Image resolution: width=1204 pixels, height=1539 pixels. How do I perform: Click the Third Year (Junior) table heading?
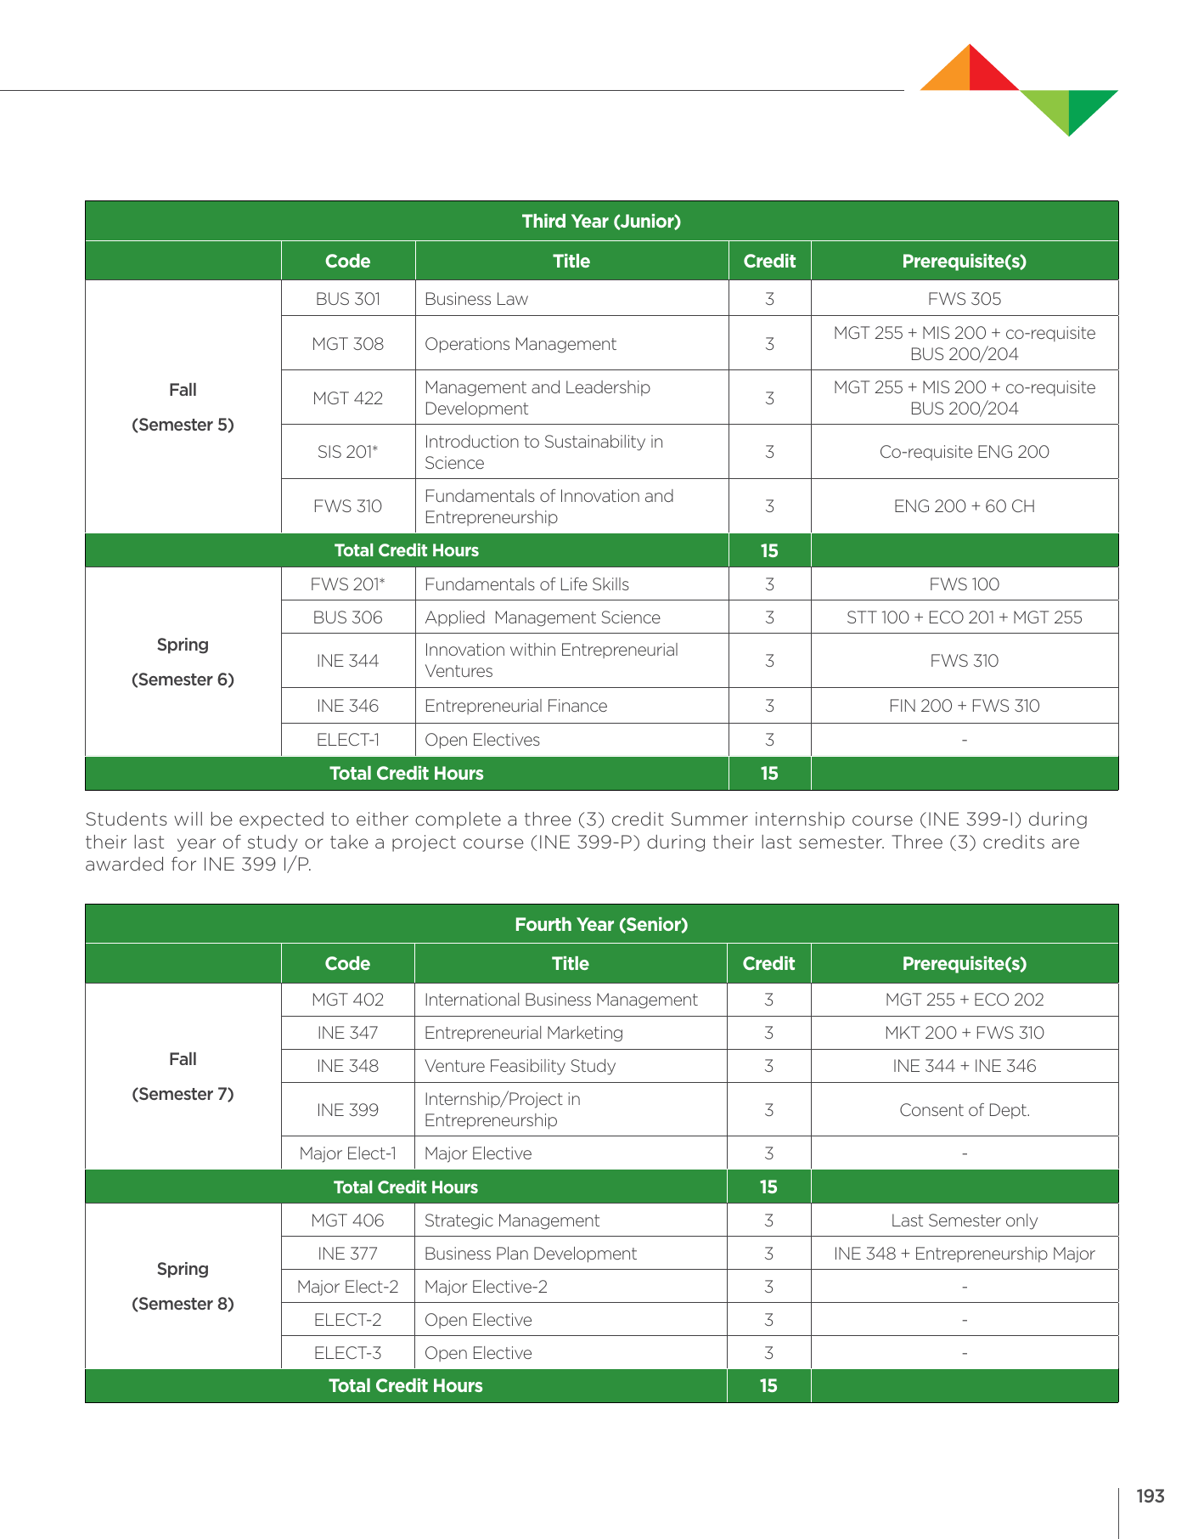[x=601, y=222]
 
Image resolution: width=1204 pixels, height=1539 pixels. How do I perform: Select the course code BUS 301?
[x=347, y=299]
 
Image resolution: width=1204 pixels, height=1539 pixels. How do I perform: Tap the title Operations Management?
[x=520, y=344]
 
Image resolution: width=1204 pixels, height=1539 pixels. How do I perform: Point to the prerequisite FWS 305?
[x=964, y=299]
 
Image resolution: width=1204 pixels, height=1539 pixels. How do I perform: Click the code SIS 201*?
[x=347, y=452]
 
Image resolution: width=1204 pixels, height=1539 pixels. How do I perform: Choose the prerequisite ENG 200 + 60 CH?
[x=964, y=506]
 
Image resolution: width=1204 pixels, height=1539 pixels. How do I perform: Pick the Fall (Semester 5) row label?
[x=183, y=408]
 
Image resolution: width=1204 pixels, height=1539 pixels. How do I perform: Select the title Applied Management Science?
[x=542, y=617]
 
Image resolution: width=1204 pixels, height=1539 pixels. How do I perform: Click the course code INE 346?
[x=347, y=706]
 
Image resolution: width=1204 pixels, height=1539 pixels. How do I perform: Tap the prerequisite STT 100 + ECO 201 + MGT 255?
[x=964, y=617]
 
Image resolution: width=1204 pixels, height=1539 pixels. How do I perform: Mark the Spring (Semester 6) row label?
[x=183, y=662]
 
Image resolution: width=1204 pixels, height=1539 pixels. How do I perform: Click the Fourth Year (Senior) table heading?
[x=601, y=924]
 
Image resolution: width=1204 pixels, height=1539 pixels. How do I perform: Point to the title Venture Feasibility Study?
[x=520, y=1066]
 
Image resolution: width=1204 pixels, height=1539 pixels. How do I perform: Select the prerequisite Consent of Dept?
[x=964, y=1110]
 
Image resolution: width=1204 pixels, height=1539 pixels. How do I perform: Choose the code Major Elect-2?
[x=347, y=1287]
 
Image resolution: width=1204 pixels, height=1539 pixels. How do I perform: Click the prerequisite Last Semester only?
[x=964, y=1220]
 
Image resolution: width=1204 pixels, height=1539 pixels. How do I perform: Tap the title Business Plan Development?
[x=530, y=1254]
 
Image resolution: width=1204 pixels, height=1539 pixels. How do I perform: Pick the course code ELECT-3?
[x=347, y=1353]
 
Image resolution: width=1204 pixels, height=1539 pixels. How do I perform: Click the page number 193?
[x=1150, y=1497]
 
